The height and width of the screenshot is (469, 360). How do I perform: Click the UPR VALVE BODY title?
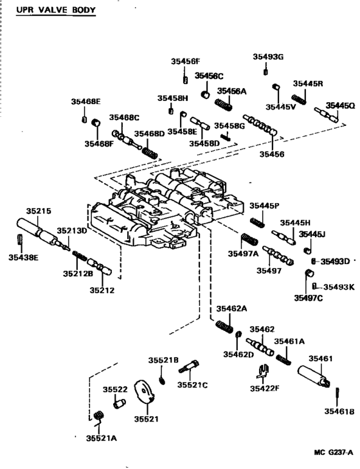55,10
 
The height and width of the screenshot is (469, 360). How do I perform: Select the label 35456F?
185,61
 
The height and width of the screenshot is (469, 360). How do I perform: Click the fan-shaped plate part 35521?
147,394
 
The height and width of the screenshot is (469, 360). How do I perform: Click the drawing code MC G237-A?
333,452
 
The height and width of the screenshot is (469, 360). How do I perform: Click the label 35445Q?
339,105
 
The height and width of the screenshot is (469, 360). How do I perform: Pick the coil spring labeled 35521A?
98,417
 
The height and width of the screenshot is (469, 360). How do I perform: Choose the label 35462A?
231,308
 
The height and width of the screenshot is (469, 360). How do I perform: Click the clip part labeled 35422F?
262,373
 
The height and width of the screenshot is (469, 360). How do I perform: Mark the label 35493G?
267,57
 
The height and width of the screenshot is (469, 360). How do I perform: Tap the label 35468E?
85,102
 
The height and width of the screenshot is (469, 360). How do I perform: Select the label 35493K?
338,287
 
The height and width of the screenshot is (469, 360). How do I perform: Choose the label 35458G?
230,125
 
